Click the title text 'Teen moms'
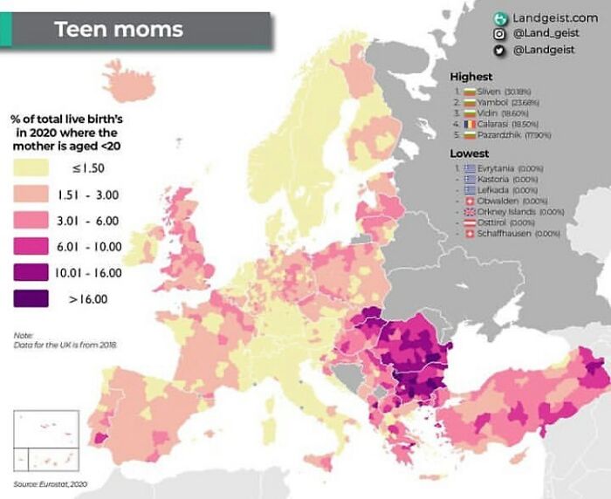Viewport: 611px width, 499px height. (119, 29)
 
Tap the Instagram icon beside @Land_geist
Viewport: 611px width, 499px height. (500, 34)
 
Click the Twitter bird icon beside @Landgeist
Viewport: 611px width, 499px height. (500, 51)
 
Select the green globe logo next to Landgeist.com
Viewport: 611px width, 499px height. (500, 17)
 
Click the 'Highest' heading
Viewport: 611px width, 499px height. (470, 77)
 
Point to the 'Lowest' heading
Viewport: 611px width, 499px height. (469, 153)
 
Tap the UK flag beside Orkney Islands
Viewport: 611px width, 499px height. (470, 211)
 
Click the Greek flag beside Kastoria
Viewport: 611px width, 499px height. (470, 178)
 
